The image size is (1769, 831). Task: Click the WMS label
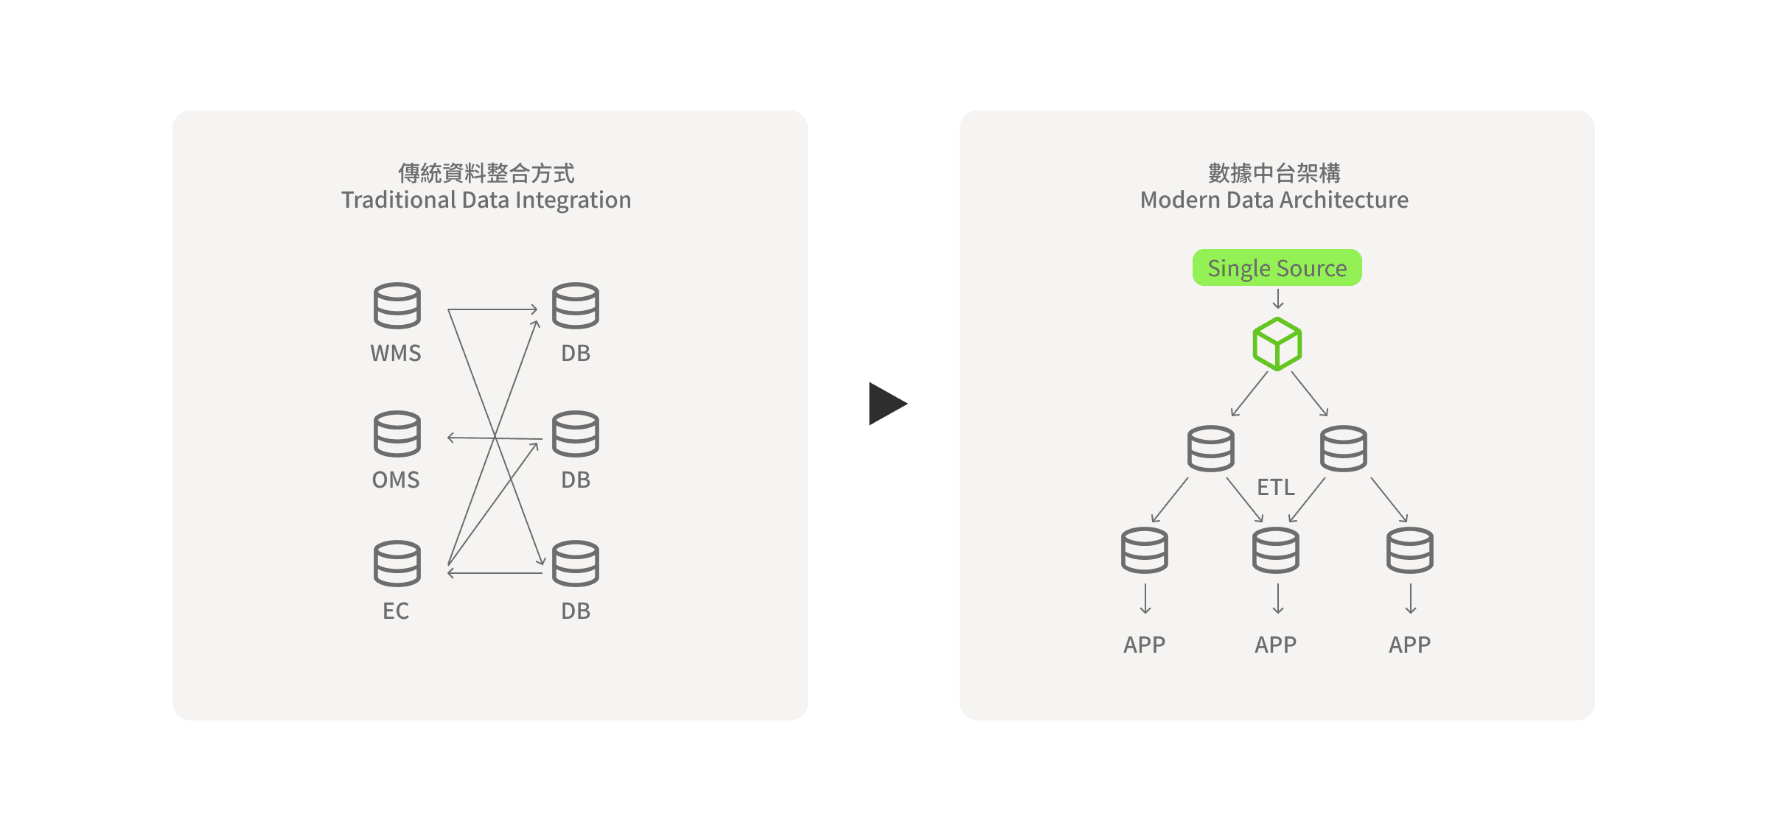(x=396, y=353)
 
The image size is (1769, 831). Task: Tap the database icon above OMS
(x=397, y=434)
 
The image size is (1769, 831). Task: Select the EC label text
(x=396, y=611)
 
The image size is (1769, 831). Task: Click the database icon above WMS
(x=397, y=305)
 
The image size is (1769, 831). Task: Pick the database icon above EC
(x=397, y=564)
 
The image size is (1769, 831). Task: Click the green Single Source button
(x=1277, y=267)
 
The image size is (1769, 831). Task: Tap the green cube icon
(x=1277, y=344)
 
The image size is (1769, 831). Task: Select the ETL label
(x=1275, y=487)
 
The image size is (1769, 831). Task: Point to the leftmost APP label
(x=1144, y=645)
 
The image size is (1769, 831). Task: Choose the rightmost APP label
(x=1409, y=645)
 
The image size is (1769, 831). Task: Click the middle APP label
(x=1275, y=645)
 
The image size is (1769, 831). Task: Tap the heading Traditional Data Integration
(x=486, y=200)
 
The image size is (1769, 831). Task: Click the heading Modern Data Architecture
(x=1274, y=200)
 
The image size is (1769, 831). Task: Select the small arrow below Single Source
(x=1278, y=299)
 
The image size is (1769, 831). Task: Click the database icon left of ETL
(x=1210, y=448)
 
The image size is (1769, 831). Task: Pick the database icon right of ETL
(x=1343, y=448)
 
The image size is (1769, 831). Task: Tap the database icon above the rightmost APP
(x=1409, y=550)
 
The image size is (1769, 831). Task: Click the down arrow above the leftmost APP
(x=1145, y=599)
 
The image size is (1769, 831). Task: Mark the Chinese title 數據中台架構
(x=1274, y=173)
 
